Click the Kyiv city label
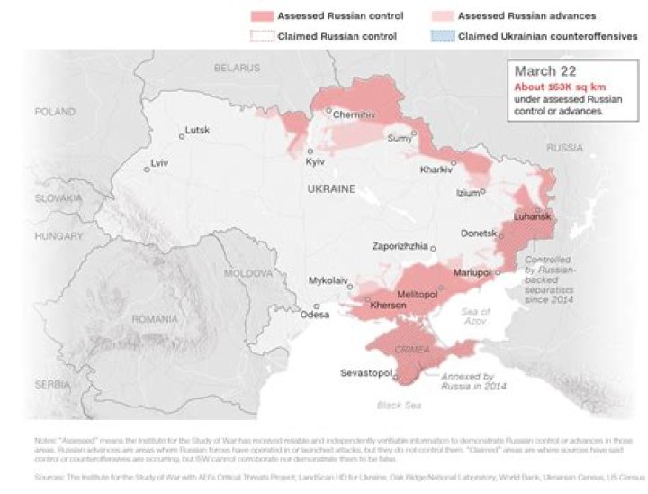click(315, 162)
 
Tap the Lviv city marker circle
click(148, 169)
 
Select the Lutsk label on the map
click(197, 130)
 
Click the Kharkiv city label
click(436, 169)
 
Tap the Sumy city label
click(399, 139)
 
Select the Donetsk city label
click(479, 233)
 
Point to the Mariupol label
click(471, 272)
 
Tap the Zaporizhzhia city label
click(400, 246)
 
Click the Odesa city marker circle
click(316, 306)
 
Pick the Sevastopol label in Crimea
click(365, 372)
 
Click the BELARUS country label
click(238, 68)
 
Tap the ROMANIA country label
click(154, 319)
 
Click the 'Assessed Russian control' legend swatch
click(261, 16)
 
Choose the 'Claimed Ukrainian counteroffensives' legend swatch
click(441, 36)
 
